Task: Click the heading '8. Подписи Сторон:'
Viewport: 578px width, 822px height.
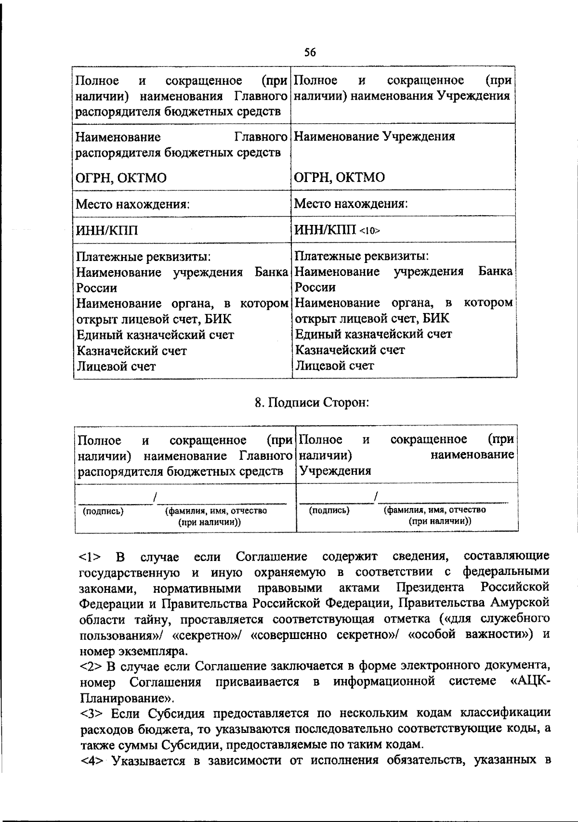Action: pos(311,402)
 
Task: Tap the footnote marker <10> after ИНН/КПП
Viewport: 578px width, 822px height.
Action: pos(370,231)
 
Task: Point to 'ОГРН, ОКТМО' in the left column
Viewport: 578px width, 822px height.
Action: pos(121,178)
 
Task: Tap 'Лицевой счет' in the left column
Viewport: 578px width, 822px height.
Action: pos(116,366)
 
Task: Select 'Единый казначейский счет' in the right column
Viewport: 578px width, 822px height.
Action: pos(373,334)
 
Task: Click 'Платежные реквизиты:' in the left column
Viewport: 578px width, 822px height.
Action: pos(144,257)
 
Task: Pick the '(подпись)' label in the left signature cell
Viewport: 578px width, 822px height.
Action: pos(103,511)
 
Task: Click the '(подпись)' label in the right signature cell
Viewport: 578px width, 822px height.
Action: pos(329,510)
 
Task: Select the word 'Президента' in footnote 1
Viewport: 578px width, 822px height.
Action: pos(430,588)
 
